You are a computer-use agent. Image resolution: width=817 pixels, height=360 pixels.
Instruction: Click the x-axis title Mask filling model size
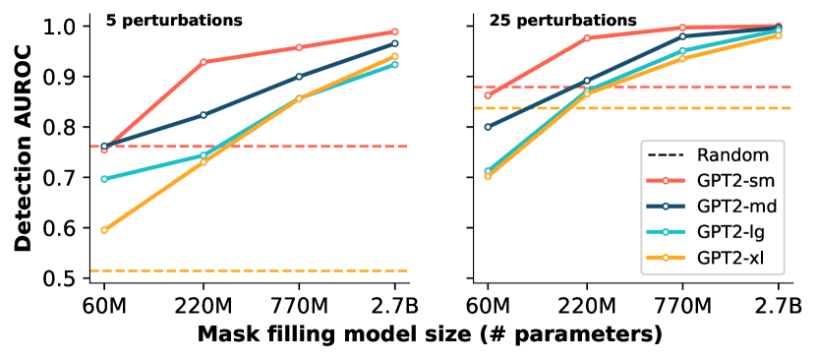point(430,334)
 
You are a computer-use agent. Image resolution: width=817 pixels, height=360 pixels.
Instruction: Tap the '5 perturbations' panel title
point(161,20)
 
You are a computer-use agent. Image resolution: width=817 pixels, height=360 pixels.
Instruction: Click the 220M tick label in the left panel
point(204,303)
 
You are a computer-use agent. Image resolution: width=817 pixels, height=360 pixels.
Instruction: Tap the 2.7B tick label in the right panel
point(779,303)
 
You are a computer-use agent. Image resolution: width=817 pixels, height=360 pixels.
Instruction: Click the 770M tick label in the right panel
point(681,303)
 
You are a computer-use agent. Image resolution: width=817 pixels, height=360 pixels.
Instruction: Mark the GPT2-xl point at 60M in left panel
point(104,230)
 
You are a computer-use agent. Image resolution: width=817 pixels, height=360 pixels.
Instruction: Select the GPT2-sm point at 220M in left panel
point(204,62)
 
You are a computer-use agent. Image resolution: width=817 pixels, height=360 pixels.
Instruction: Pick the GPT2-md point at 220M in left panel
point(204,115)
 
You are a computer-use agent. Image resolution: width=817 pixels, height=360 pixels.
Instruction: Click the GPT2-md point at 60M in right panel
point(489,127)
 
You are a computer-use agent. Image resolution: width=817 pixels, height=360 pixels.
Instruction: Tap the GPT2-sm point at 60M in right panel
point(489,95)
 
